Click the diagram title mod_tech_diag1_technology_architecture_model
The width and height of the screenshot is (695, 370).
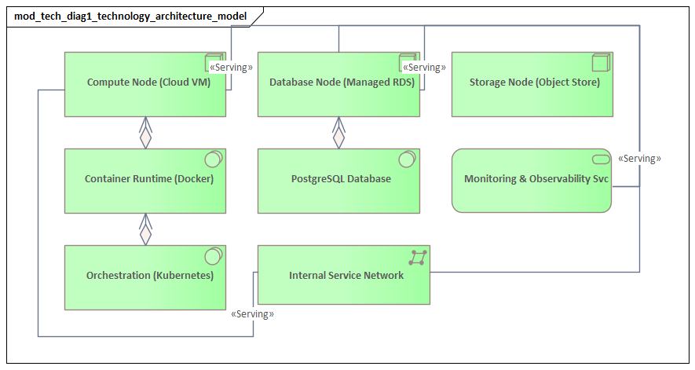click(130, 16)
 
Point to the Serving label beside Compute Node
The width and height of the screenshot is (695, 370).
click(231, 68)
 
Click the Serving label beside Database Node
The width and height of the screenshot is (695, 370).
click(424, 68)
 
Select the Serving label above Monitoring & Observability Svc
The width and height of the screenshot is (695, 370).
click(639, 159)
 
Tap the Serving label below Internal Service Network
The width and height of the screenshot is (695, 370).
click(253, 314)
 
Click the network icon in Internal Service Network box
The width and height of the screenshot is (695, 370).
click(418, 257)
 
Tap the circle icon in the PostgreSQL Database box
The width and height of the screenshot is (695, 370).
click(406, 160)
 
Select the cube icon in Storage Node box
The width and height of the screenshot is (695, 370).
click(600, 63)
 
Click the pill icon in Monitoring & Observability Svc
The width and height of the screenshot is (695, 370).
click(601, 159)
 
